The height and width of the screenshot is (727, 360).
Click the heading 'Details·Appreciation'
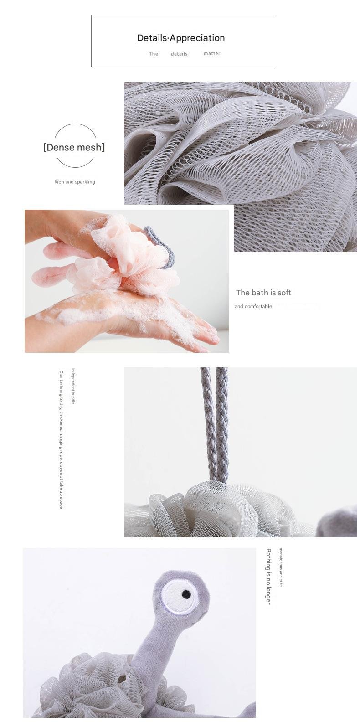[x=181, y=38]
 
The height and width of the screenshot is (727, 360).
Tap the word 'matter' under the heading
[x=212, y=53]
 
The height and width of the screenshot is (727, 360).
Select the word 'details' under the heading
[x=179, y=54]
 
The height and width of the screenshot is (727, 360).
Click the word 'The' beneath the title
[x=154, y=54]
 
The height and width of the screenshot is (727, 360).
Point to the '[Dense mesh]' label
[x=74, y=147]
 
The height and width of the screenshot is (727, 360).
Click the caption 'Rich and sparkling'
[x=75, y=182]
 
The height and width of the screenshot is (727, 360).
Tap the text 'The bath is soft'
[x=263, y=293]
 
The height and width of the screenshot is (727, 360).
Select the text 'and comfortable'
[x=253, y=306]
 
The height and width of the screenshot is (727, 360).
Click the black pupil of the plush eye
[x=186, y=594]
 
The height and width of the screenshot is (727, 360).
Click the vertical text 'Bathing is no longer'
[x=268, y=576]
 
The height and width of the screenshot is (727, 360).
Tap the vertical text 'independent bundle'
[x=73, y=386]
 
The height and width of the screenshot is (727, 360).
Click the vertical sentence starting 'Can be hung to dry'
[x=61, y=439]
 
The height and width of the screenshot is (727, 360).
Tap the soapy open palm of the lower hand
[x=136, y=312]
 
